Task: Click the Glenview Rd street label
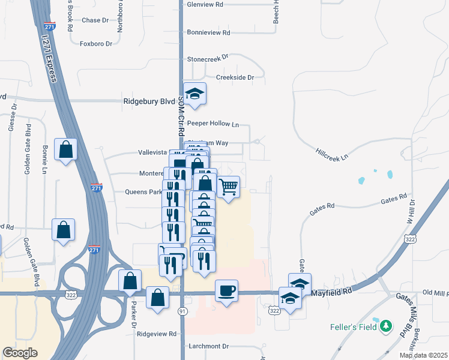205,4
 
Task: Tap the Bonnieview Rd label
208,32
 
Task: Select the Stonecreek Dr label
208,59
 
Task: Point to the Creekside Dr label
235,77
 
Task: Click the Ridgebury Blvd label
149,102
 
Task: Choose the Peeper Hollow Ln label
212,124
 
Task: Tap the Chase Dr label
95,20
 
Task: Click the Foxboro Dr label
96,44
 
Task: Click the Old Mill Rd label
435,293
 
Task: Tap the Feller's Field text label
353,327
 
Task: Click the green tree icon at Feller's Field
388,326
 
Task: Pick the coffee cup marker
226,291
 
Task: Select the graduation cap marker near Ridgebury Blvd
194,94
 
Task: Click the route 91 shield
182,311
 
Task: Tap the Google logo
20,353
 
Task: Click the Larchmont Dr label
208,346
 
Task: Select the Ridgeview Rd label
157,334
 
